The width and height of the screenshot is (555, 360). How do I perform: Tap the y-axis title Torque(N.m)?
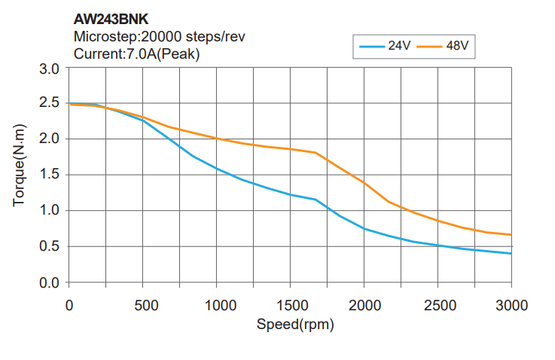20,175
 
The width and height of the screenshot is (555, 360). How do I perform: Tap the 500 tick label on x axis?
143,306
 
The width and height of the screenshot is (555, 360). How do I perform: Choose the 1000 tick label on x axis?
217,306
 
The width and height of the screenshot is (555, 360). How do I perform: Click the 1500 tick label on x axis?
291,306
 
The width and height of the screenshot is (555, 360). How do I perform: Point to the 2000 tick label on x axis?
364,306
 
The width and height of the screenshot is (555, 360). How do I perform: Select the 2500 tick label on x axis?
438,306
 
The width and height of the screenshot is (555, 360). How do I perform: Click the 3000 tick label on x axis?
511,306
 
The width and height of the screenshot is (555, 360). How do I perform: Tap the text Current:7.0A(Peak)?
136,53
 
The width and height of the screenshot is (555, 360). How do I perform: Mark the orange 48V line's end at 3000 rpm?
511,235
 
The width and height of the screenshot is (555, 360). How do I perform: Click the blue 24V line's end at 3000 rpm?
511,254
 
